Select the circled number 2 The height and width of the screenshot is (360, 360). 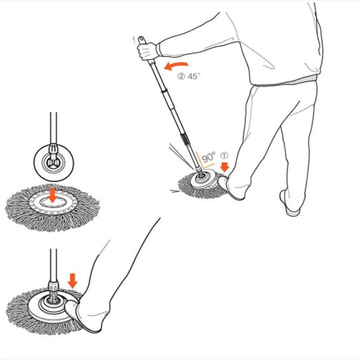181,76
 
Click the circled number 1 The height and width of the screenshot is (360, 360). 224,155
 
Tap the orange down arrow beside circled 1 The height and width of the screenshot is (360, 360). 225,166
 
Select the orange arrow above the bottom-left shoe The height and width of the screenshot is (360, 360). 72,280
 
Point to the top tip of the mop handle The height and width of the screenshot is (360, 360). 141,37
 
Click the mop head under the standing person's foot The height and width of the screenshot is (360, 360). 199,185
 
